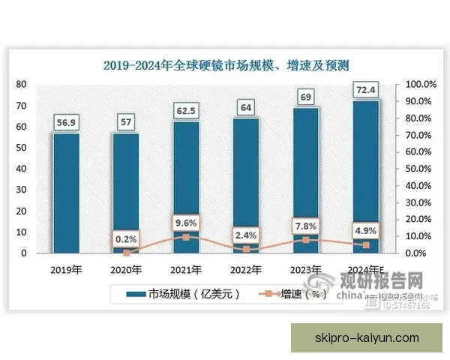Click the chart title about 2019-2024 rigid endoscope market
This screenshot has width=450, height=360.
[x=225, y=65]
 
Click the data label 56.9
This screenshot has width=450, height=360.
[x=66, y=121]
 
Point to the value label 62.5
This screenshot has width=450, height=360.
[x=186, y=109]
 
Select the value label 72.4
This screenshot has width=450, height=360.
[x=366, y=90]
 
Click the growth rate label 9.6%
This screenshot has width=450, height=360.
[x=186, y=222]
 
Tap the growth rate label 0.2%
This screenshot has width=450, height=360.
[x=126, y=239]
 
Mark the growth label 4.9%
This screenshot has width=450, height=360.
[x=366, y=230]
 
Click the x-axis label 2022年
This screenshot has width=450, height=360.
[x=246, y=270]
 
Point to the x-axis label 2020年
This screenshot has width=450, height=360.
[x=126, y=270]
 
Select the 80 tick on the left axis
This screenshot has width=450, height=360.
[x=24, y=84]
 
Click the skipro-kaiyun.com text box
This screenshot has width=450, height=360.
[x=367, y=338]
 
